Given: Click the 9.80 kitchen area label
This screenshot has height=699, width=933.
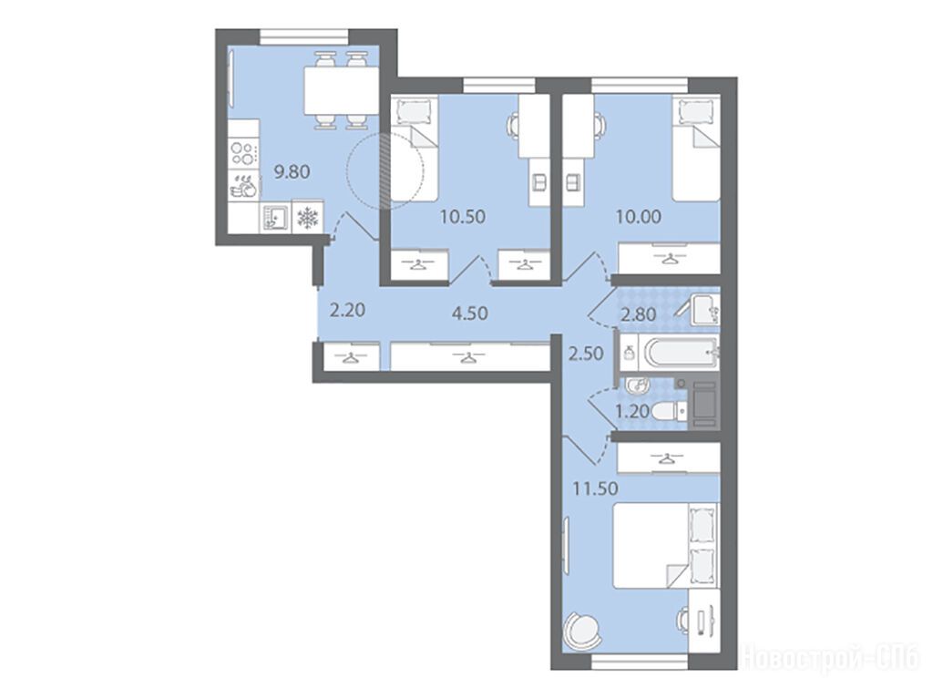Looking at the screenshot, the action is (292, 172).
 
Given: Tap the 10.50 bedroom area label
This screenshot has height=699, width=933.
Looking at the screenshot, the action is (462, 217).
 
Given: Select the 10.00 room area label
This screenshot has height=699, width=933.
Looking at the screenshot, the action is (638, 217).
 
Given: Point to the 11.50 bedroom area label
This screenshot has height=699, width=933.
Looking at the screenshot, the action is (594, 488).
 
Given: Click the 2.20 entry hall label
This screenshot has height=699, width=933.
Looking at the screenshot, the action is (347, 310).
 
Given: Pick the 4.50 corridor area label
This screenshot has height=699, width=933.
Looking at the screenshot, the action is (470, 313).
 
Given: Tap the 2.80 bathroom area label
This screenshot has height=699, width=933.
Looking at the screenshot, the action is (639, 314).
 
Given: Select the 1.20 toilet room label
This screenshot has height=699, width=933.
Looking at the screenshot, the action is (631, 411).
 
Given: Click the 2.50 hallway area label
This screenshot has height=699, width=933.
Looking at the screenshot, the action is (586, 354).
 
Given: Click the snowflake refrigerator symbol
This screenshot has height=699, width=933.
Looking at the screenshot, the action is (308, 218).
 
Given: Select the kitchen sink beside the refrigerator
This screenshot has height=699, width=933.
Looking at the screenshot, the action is (275, 218).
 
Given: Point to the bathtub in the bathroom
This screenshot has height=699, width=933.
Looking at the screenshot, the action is (678, 353).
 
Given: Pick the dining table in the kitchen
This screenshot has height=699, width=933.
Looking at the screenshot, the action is (342, 90).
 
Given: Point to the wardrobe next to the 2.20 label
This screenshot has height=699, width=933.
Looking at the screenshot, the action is (351, 357).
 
